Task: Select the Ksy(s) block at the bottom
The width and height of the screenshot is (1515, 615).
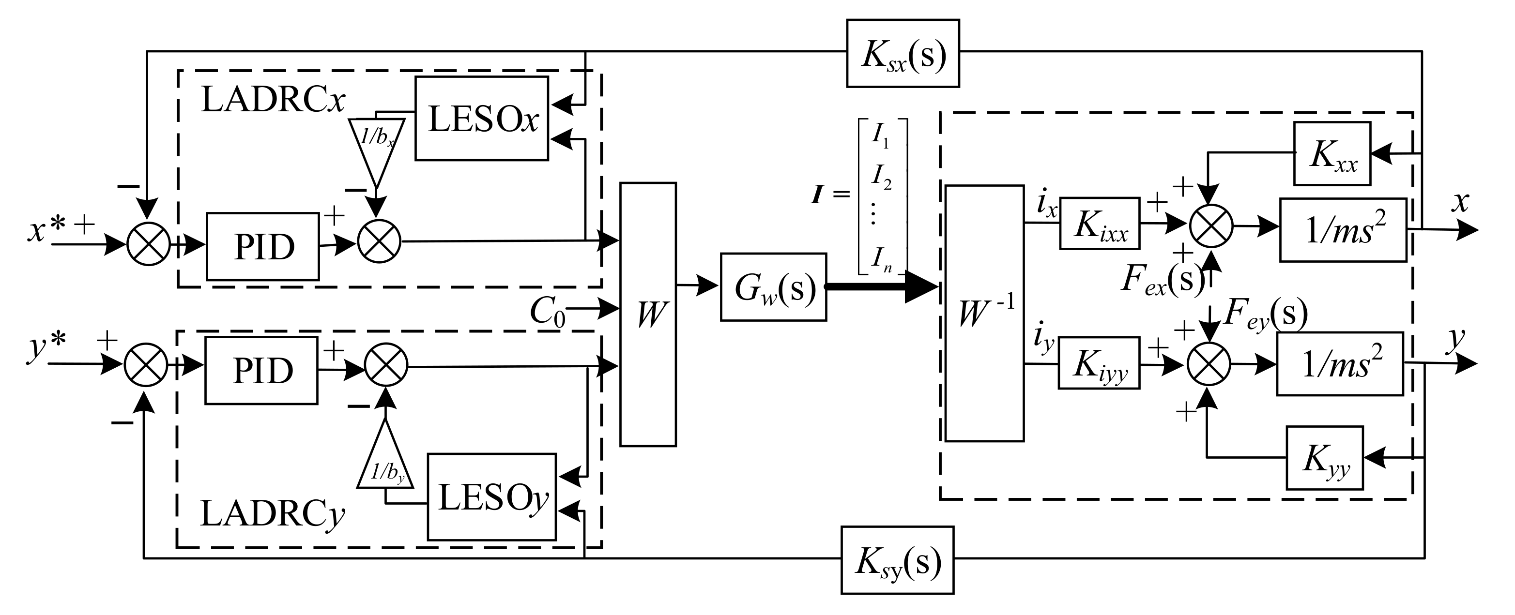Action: pos(897,560)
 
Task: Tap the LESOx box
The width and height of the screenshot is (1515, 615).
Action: pos(482,118)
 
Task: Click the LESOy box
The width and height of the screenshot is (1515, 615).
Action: pos(491,497)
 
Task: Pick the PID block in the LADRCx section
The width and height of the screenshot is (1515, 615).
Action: pos(263,246)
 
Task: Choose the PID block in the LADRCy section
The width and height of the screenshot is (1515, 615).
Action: pos(261,371)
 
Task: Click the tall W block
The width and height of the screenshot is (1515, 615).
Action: pos(648,315)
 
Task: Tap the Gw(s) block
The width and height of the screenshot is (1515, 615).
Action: pos(773,287)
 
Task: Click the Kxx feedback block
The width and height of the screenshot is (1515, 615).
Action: pos(1332,154)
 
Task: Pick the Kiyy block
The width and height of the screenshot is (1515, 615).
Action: pos(1099,363)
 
